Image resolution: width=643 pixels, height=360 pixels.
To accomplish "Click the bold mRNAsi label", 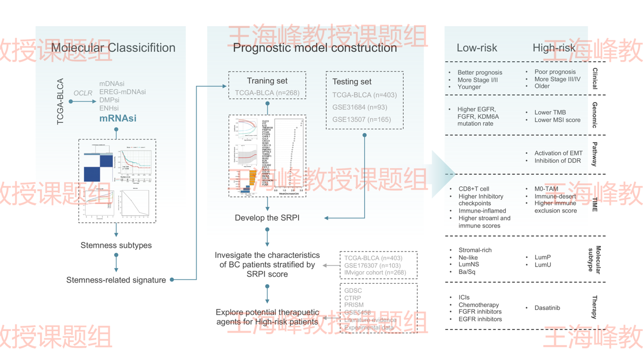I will click(x=117, y=119).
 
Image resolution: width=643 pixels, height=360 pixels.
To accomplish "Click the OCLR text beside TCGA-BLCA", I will click(x=83, y=93).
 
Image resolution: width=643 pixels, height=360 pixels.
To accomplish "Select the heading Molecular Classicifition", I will click(x=113, y=48).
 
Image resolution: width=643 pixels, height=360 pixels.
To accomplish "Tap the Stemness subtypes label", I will click(x=116, y=245).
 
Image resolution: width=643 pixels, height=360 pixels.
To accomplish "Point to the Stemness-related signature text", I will click(x=116, y=280).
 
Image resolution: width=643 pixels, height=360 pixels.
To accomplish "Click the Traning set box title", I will click(x=267, y=81).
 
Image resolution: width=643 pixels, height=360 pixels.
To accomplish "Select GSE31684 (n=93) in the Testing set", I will click(x=359, y=107).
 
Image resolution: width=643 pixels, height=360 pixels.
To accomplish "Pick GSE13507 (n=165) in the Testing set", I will click(x=362, y=120).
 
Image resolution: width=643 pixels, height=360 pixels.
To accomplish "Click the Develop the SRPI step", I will click(x=267, y=218).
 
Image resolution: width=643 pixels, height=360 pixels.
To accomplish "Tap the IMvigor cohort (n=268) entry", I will click(x=375, y=272).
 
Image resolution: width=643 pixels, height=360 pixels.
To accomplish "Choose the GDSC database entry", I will click(x=353, y=291).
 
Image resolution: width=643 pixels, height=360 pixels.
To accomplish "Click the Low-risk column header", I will click(x=476, y=48).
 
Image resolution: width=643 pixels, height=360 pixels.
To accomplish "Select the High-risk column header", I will click(x=554, y=48).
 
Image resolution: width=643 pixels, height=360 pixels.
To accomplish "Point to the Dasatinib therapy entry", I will click(x=547, y=308).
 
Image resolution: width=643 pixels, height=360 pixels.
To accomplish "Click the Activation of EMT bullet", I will click(x=558, y=153).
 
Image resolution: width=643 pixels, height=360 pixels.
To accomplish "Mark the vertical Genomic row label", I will click(x=594, y=115).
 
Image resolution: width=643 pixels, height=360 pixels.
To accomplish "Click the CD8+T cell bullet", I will click(x=474, y=189).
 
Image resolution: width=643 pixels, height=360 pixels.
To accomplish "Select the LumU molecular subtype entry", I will click(x=543, y=265).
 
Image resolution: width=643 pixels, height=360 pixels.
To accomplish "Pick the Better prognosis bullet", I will click(x=480, y=73).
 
